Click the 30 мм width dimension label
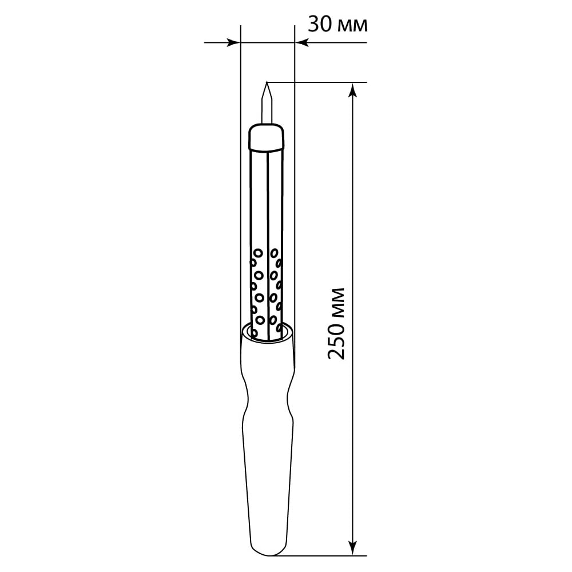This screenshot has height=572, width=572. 338,25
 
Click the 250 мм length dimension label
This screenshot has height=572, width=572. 336,324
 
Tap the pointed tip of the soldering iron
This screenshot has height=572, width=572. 267,82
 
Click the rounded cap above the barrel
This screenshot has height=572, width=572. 267,137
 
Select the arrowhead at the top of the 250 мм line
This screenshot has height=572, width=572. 352,90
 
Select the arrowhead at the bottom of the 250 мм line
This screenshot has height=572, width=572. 352,548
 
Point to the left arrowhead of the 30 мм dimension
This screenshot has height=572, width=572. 233,43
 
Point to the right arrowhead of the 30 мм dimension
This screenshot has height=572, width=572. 302,43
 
